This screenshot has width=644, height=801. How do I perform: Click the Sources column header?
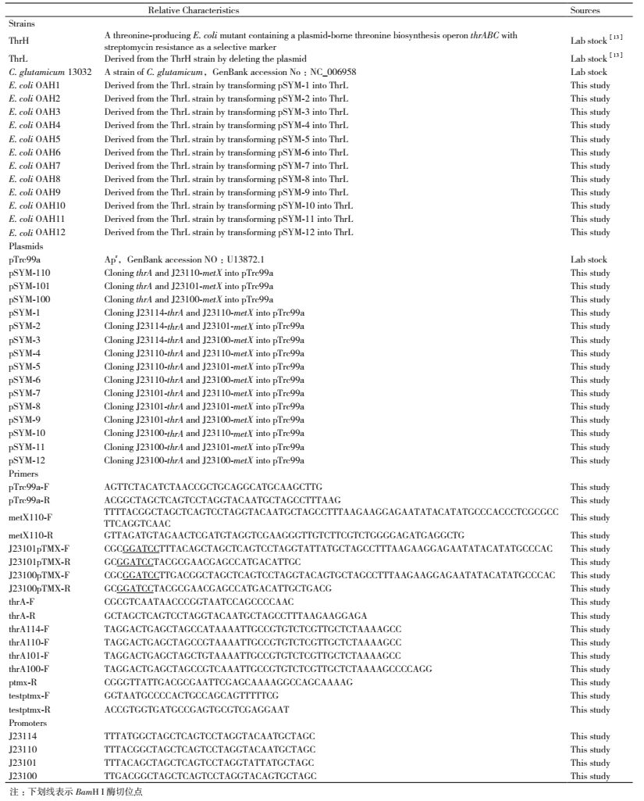[585, 10]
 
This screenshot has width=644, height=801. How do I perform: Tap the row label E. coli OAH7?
[34, 166]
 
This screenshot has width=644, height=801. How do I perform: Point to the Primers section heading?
[23, 474]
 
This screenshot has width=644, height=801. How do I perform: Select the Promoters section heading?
[27, 723]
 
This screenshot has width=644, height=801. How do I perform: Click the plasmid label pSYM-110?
[29, 272]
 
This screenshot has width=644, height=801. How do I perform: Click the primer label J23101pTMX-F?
[38, 549]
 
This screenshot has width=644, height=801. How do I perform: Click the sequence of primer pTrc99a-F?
[212, 487]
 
